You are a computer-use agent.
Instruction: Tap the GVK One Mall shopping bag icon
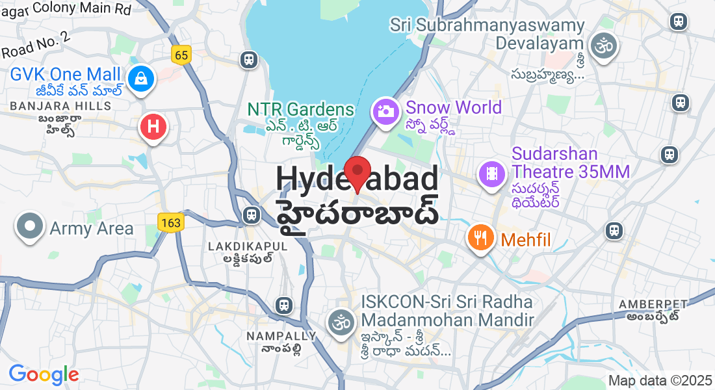click(140, 79)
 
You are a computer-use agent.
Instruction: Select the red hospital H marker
click(153, 127)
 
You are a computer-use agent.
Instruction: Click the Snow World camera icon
click(385, 110)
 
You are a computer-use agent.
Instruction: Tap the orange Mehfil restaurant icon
click(480, 239)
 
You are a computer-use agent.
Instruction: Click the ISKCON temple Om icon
click(341, 321)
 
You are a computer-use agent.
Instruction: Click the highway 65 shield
click(181, 55)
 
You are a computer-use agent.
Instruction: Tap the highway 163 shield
click(171, 223)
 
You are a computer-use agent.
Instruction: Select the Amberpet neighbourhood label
click(653, 304)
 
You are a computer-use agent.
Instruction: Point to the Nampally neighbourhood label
click(281, 336)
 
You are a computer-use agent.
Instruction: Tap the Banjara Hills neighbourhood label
click(60, 105)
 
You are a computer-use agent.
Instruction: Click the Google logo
click(44, 374)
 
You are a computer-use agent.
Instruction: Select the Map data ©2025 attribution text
click(659, 381)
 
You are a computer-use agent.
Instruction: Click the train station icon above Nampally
click(283, 305)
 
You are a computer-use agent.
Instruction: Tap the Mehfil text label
click(525, 240)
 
